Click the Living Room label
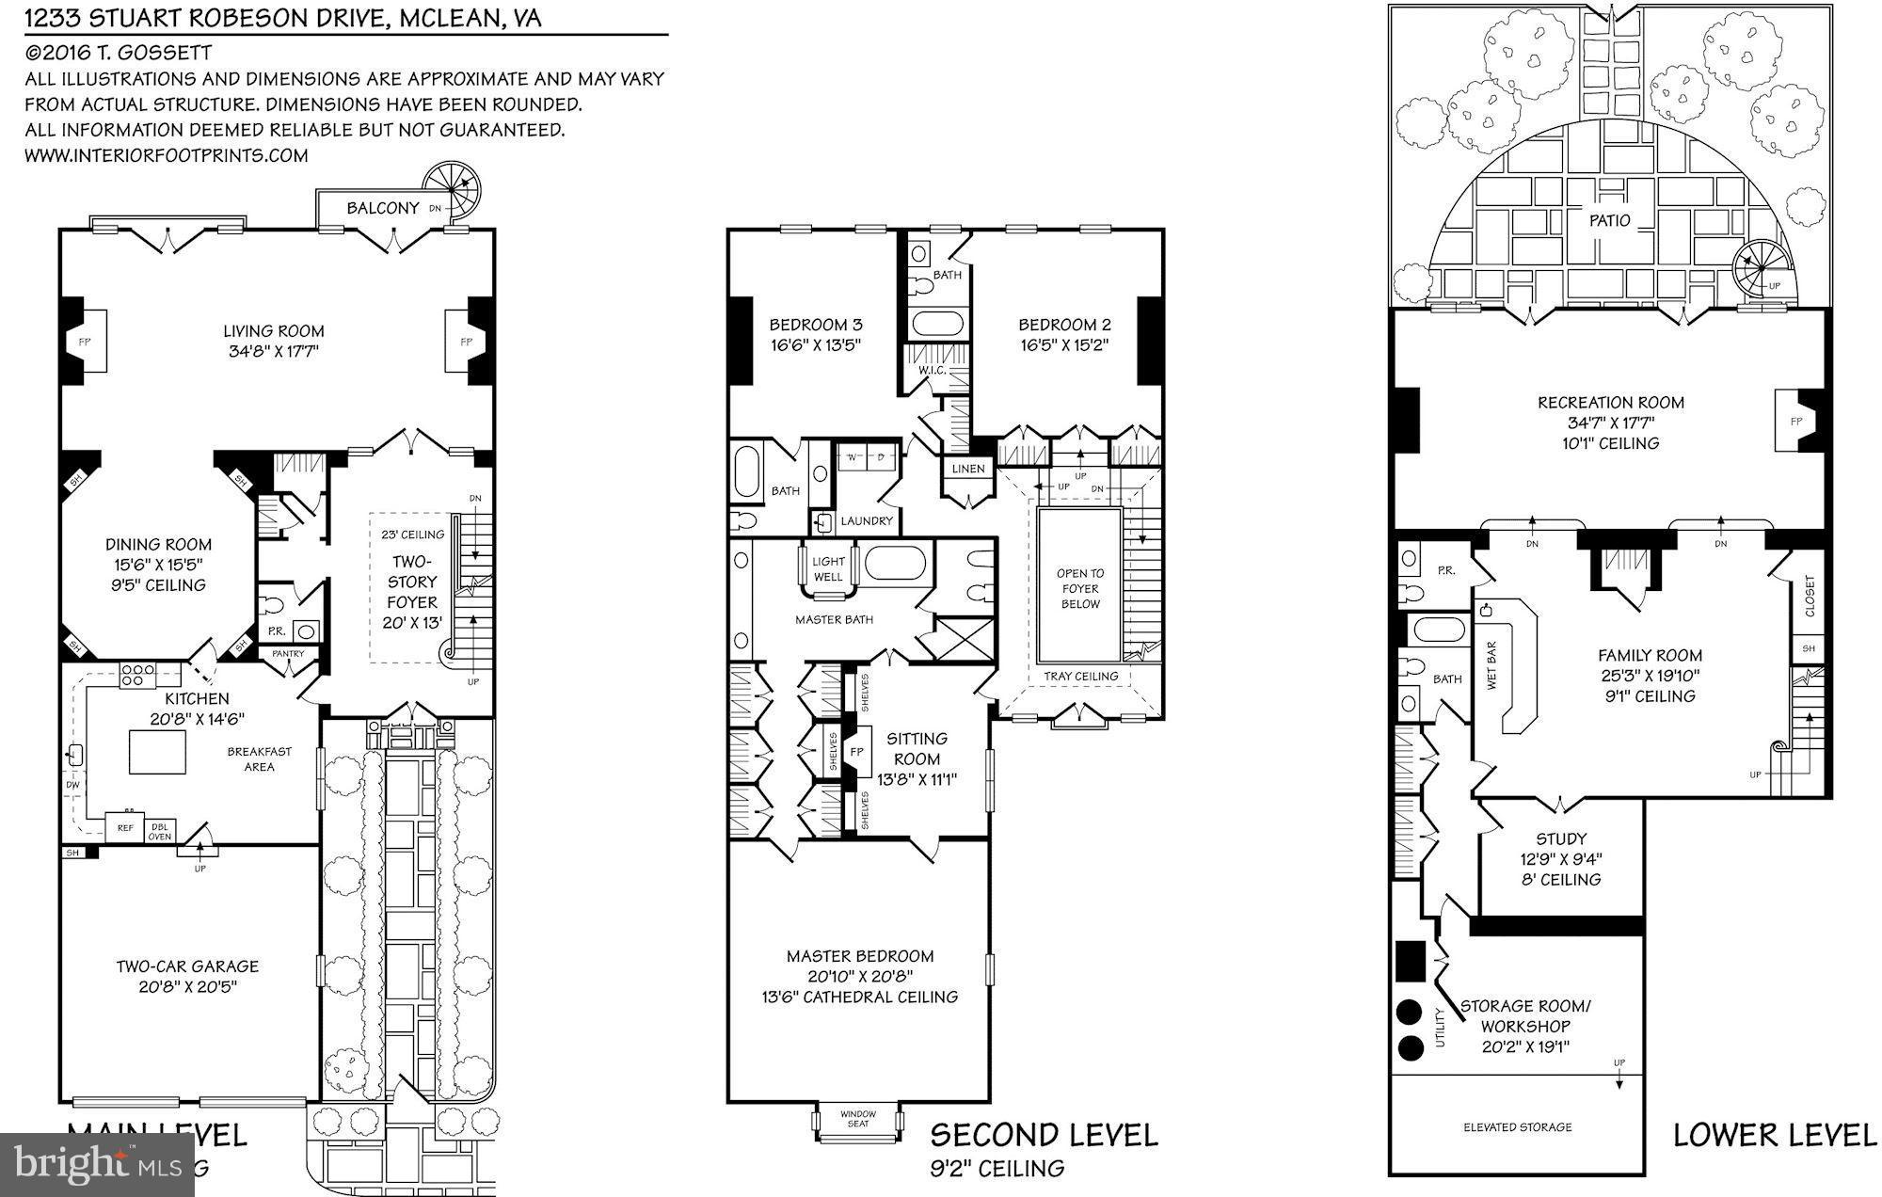pyautogui.click(x=273, y=331)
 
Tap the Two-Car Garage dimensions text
pyautogui.click(x=187, y=987)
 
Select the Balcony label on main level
pyautogui.click(x=382, y=208)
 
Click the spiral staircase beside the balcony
pyautogui.click(x=449, y=191)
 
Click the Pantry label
pyautogui.click(x=288, y=653)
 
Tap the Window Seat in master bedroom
pyautogui.click(x=857, y=1119)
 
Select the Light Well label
pyautogui.click(x=828, y=568)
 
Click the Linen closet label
pyautogui.click(x=967, y=469)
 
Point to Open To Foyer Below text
pyautogui.click(x=1079, y=588)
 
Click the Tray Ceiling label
pyautogui.click(x=1080, y=676)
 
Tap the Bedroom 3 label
pyautogui.click(x=815, y=325)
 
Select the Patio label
pyautogui.click(x=1609, y=221)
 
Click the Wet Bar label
pyautogui.click(x=1491, y=666)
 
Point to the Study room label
pyautogui.click(x=1560, y=838)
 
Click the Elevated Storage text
pyautogui.click(x=1517, y=1126)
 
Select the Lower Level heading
pyautogui.click(x=1774, y=1135)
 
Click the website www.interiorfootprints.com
pyautogui.click(x=167, y=155)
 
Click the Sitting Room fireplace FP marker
pyautogui.click(x=856, y=753)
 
